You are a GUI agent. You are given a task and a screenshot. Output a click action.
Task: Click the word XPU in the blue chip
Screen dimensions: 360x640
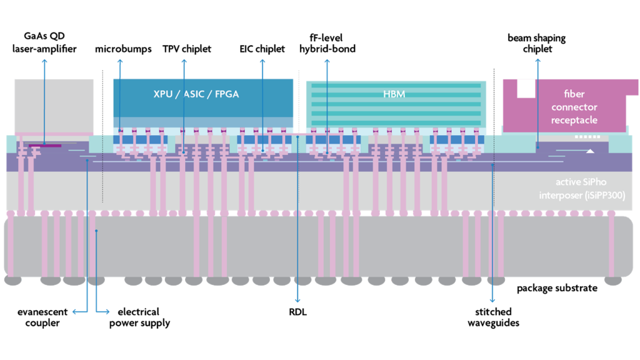coord(164,94)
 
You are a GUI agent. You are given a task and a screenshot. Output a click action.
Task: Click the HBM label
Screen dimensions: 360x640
coord(394,94)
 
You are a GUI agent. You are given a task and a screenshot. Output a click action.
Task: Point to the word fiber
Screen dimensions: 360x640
coord(574,94)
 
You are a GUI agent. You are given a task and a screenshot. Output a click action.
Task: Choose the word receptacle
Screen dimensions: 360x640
coord(574,120)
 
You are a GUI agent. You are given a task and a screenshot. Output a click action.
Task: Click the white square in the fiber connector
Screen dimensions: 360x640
coord(526,88)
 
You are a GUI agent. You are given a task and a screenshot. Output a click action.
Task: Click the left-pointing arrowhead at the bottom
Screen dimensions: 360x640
coord(74,312)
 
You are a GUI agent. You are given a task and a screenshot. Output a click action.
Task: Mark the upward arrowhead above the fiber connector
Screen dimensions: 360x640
coord(537,61)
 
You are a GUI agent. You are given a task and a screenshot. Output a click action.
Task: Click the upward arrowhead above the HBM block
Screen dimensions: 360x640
coord(327,61)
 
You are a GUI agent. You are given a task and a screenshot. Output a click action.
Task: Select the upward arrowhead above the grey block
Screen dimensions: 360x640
coord(44,61)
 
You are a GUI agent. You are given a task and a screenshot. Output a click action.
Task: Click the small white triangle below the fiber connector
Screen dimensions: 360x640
coord(589,151)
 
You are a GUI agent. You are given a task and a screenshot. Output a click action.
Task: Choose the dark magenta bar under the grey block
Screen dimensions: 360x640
coord(45,146)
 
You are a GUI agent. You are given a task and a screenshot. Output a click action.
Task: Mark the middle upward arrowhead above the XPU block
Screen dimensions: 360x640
coord(184,61)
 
